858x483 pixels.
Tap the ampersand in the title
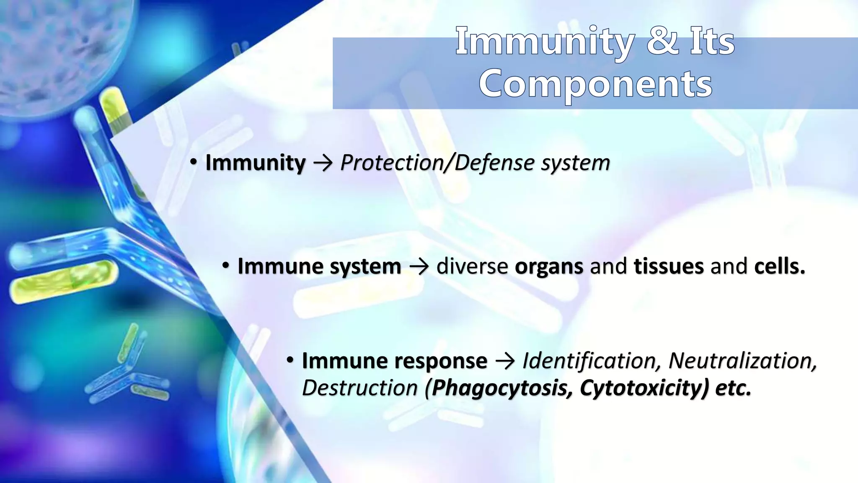[662, 41]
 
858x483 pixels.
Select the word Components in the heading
[595, 84]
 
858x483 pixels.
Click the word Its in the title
[712, 41]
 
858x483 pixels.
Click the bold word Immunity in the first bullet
[255, 163]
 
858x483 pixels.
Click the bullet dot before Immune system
[226, 265]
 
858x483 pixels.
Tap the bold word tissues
[669, 266]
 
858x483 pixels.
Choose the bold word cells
[779, 266]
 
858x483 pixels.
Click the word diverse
[472, 266]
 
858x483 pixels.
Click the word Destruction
[359, 387]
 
